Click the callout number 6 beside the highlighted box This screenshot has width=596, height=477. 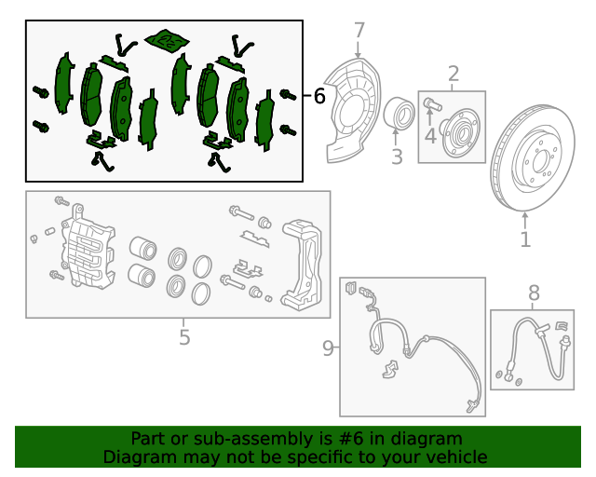click(319, 96)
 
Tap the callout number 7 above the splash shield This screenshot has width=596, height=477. click(359, 31)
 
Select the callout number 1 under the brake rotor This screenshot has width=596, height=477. click(525, 239)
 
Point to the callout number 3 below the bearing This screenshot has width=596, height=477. click(397, 157)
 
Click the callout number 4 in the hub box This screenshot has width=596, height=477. click(430, 136)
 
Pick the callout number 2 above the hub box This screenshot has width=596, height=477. click(454, 74)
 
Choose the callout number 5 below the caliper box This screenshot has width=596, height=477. click(184, 336)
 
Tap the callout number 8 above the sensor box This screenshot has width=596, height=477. click(534, 293)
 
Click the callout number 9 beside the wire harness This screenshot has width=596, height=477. click(328, 348)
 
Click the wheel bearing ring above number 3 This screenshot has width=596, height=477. click(399, 113)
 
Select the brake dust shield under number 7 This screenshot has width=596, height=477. click(354, 110)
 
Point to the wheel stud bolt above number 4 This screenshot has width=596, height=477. click(432, 103)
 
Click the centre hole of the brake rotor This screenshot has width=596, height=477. click(540, 161)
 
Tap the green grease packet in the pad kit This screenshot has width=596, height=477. click(167, 39)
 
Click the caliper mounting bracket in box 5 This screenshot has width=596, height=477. click(302, 265)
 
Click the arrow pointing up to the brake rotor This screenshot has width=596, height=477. click(525, 220)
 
